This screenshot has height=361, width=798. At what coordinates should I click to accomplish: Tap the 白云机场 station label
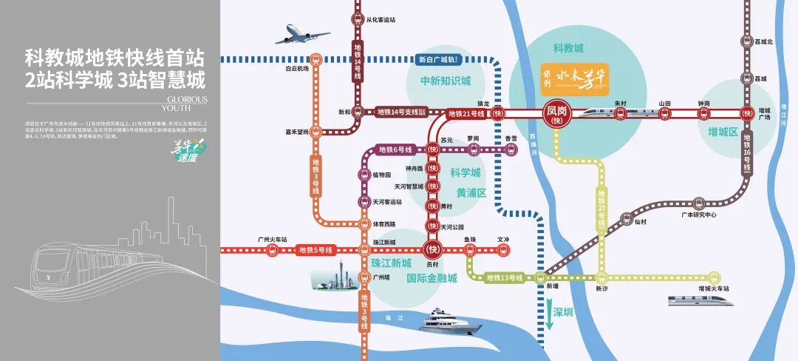click(297, 69)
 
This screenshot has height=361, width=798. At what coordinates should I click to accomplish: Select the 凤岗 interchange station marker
click(559, 113)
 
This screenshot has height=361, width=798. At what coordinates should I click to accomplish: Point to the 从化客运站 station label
click(381, 19)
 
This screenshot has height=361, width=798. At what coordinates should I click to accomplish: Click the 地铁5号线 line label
click(316, 251)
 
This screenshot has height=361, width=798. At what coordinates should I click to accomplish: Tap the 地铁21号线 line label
click(466, 114)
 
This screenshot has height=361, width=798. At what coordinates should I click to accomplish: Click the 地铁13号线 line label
click(504, 277)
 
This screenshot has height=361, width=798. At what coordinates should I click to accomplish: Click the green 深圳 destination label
click(563, 312)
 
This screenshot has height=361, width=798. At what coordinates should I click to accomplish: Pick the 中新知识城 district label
click(446, 81)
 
